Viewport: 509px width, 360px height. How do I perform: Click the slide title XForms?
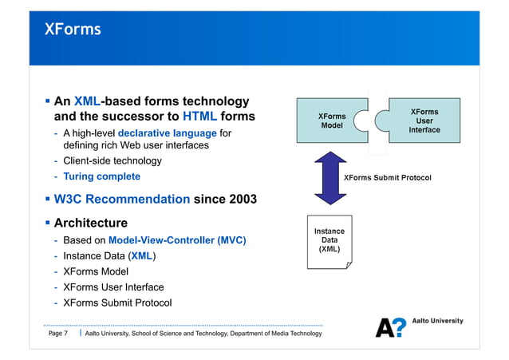click(x=73, y=30)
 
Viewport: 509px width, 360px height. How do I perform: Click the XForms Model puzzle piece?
click(x=329, y=121)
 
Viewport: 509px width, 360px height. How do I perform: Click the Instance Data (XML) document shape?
click(x=329, y=240)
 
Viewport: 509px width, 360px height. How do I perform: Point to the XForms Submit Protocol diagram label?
click(x=387, y=177)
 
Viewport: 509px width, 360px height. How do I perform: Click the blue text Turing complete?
click(x=101, y=176)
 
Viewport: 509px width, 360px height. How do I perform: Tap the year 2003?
click(x=241, y=199)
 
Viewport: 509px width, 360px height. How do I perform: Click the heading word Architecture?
click(x=90, y=223)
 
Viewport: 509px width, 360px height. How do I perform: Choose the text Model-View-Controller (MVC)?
click(x=177, y=240)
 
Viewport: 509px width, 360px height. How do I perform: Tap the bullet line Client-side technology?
click(x=112, y=160)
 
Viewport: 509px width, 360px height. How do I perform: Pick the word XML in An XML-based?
click(x=87, y=101)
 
